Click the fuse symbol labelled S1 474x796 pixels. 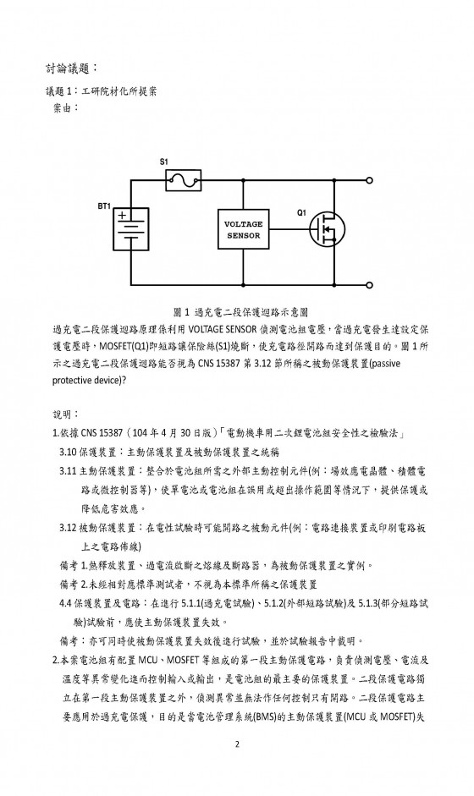[184, 180]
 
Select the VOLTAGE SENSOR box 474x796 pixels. [244, 229]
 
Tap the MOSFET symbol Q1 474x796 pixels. [328, 229]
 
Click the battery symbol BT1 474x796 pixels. [131, 229]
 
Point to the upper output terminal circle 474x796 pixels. [369, 180]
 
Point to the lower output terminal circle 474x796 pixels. [369, 285]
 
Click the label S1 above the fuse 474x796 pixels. [163, 162]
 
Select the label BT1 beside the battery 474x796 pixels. [104, 206]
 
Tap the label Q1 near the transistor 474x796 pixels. [302, 212]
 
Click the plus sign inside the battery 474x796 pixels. [122, 216]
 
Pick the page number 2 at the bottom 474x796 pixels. [237, 744]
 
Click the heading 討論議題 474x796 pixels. [68, 68]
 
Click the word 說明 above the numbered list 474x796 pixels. [65, 414]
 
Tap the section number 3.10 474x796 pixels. [68, 453]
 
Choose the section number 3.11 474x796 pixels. [68, 471]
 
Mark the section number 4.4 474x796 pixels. [65, 604]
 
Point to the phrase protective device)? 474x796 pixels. [89, 380]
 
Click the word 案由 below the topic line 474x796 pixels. [65, 108]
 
